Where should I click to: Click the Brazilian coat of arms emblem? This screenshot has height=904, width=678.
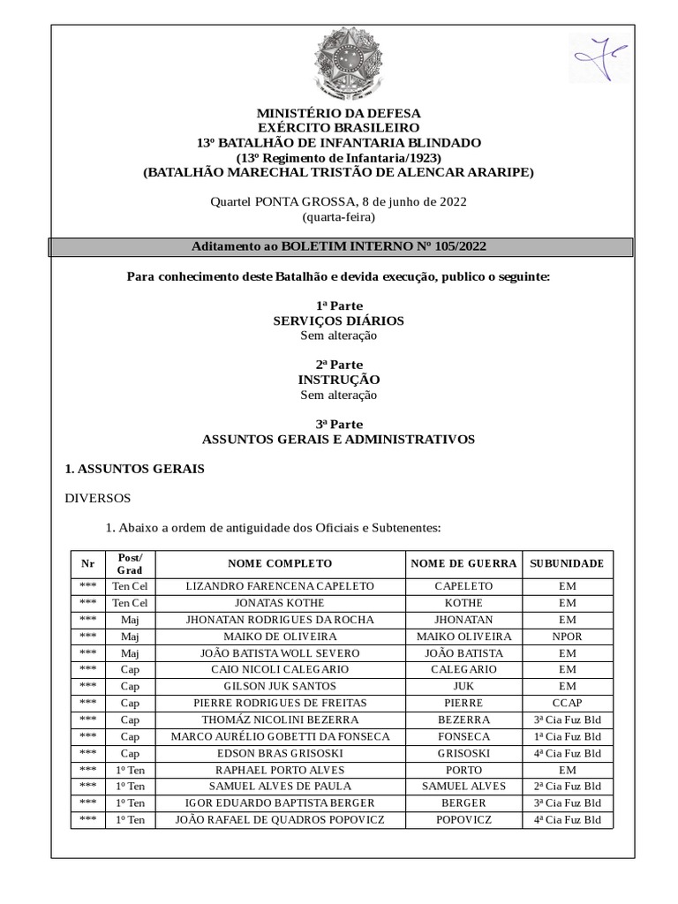pyautogui.click(x=339, y=63)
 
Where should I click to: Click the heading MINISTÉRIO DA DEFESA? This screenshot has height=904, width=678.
pyautogui.click(x=339, y=113)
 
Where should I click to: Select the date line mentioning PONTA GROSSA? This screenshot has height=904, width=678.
pyautogui.click(x=339, y=201)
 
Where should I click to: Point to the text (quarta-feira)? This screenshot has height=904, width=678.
pyautogui.click(x=339, y=216)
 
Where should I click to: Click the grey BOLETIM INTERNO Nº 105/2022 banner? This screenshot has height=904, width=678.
pyautogui.click(x=339, y=246)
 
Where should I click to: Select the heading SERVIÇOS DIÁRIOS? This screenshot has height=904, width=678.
pyautogui.click(x=339, y=320)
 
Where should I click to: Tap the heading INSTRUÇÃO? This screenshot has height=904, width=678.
pyautogui.click(x=339, y=380)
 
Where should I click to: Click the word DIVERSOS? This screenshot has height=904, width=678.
pyautogui.click(x=98, y=498)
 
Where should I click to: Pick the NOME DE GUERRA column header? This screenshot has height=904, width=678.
pyautogui.click(x=463, y=563)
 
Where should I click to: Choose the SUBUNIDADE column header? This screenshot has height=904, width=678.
pyautogui.click(x=567, y=563)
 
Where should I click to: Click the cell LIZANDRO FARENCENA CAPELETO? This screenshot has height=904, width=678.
pyautogui.click(x=280, y=586)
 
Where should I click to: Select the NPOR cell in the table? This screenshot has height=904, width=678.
pyautogui.click(x=567, y=637)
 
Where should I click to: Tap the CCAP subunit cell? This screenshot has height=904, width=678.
pyautogui.click(x=567, y=704)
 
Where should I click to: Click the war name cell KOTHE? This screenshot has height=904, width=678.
pyautogui.click(x=463, y=603)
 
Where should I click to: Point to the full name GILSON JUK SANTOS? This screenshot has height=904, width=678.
pyautogui.click(x=280, y=687)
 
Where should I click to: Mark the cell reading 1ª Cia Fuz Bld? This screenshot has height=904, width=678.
pyautogui.click(x=567, y=737)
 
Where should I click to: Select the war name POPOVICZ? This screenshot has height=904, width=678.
pyautogui.click(x=463, y=820)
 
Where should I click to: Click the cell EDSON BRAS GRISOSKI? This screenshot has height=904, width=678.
pyautogui.click(x=280, y=754)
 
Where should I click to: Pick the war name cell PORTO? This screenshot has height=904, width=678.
pyautogui.click(x=463, y=770)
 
